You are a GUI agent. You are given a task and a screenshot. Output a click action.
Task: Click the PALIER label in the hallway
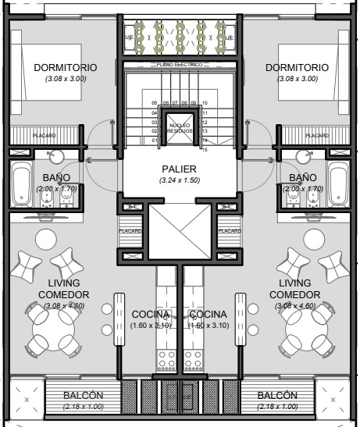pos(179,169)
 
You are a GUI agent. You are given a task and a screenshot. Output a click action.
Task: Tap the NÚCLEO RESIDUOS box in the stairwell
pos(179,126)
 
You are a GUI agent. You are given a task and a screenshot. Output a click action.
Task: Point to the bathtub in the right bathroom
pos(338,183)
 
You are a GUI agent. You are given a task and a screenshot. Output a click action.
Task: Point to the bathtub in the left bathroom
pos(21,183)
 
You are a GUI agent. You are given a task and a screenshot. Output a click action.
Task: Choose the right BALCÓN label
pos(276,396)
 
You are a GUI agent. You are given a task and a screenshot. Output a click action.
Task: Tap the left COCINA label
pos(150,314)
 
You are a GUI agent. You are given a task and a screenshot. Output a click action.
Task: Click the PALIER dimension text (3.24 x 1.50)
pos(179,180)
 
